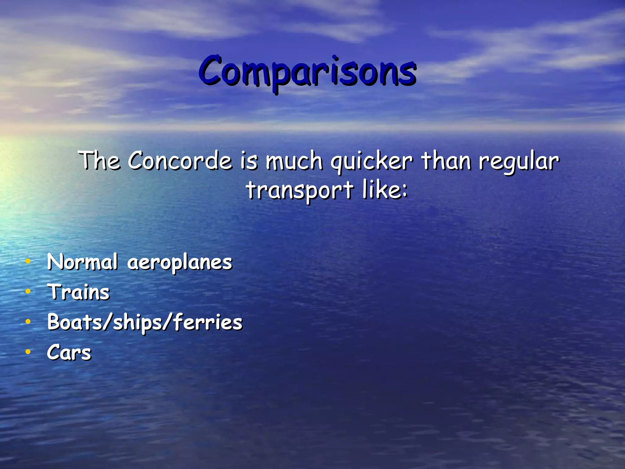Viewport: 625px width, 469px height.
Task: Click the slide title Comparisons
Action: pos(307,71)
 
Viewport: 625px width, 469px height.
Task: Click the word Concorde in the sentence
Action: pos(180,161)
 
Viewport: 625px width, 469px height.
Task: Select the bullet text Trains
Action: pos(78,292)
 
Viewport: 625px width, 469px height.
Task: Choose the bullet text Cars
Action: pos(69,352)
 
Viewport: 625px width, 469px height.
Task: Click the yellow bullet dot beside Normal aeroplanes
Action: pos(28,261)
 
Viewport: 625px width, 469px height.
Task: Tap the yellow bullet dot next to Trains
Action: pos(28,292)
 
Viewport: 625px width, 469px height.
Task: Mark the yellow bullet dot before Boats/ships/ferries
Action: pos(28,322)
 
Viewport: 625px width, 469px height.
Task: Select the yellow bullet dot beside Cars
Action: pos(28,352)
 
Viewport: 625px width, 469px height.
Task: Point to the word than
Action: pos(446,161)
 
